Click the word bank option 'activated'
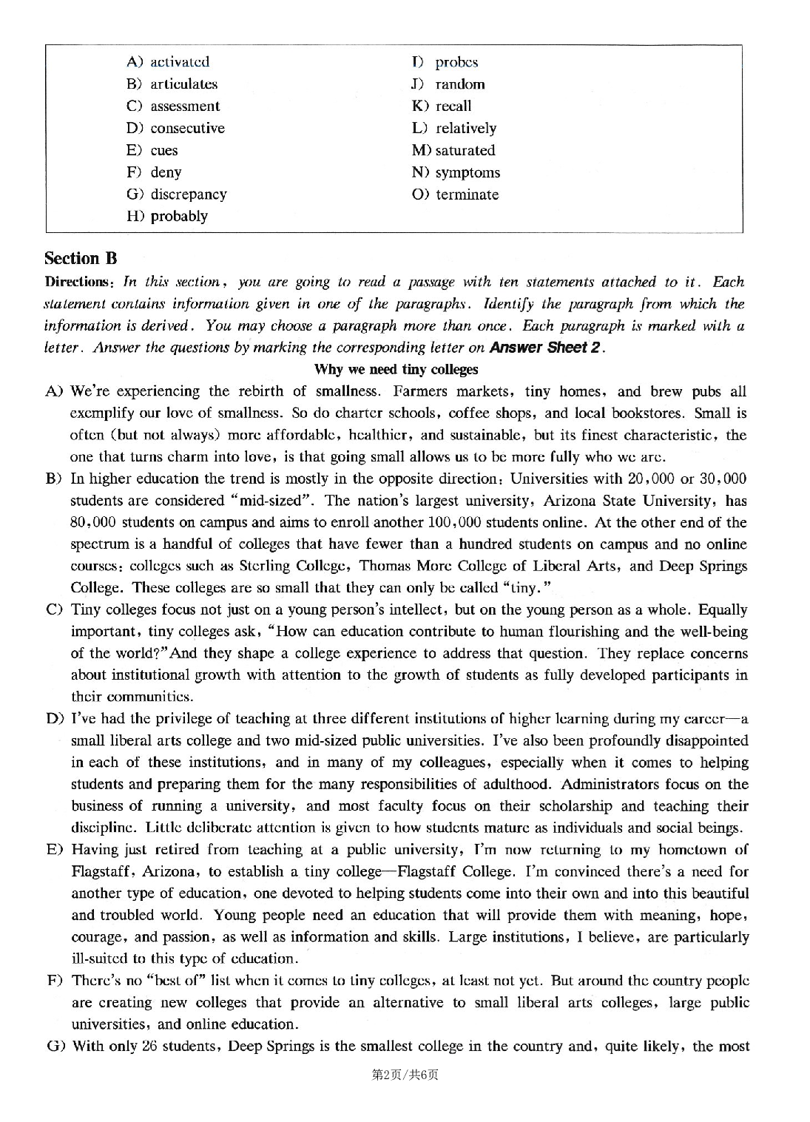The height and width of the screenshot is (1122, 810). click(x=179, y=61)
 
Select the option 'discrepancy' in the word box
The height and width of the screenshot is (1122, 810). click(x=188, y=194)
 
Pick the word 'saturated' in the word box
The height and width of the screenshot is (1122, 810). click(x=465, y=150)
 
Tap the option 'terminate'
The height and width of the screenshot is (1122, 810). click(x=467, y=195)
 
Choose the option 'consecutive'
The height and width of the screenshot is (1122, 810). click(x=187, y=128)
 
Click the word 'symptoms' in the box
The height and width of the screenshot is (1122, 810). click(x=468, y=172)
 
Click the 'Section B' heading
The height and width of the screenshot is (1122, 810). click(x=81, y=258)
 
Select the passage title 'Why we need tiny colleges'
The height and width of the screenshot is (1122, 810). click(x=396, y=369)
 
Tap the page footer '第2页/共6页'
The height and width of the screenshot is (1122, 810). click(x=405, y=1075)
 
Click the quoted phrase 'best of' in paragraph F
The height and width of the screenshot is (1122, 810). click(x=176, y=981)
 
